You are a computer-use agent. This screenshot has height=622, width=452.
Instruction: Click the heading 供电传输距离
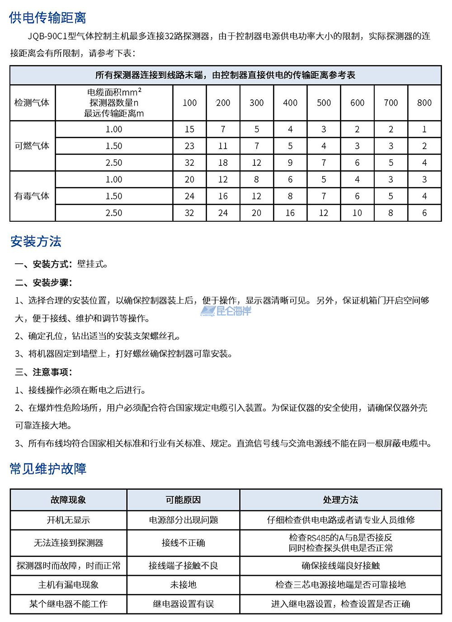point(47,18)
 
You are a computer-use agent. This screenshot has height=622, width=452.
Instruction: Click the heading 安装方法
point(36,242)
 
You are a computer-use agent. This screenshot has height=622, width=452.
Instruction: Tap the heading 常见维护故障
point(47,469)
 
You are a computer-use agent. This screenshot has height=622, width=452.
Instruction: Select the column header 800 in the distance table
point(424,103)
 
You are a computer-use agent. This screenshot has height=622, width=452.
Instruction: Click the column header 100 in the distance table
point(189,103)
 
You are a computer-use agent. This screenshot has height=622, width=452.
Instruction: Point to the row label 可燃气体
point(32,146)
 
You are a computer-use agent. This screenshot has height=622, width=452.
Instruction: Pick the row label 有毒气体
point(32,196)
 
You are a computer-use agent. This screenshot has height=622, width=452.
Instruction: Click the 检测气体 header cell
point(32,103)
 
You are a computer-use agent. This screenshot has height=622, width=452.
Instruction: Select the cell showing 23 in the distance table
point(189,146)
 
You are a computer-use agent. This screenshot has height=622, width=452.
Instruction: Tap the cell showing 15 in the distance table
point(189,129)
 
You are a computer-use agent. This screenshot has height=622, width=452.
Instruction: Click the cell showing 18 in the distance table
point(223,163)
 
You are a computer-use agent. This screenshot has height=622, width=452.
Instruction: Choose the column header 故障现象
point(68,500)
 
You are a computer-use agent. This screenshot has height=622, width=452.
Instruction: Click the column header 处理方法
point(340,500)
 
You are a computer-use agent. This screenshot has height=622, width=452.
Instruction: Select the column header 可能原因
point(183,500)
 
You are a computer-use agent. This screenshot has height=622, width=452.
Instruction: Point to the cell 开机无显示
point(68,520)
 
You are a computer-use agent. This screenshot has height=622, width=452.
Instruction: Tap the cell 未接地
point(183,585)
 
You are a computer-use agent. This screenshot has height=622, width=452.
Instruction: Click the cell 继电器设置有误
point(183,604)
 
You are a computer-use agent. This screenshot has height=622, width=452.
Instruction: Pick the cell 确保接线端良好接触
point(340,566)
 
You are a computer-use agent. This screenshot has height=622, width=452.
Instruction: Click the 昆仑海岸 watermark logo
point(226,311)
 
